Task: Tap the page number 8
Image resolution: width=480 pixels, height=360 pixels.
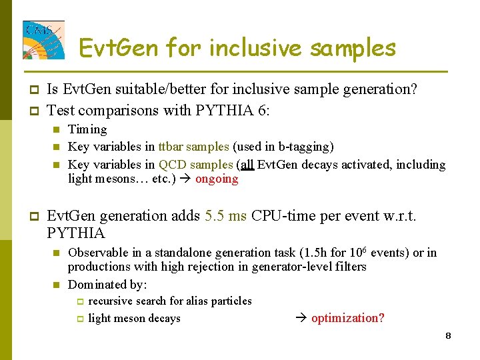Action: pyautogui.click(x=449, y=335)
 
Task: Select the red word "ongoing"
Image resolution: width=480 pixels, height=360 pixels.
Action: pyautogui.click(x=217, y=179)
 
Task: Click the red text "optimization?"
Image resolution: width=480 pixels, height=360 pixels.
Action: pyautogui.click(x=348, y=318)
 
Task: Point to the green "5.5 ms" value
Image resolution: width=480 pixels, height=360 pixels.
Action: pyautogui.click(x=226, y=216)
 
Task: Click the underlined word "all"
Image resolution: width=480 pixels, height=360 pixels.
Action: pyautogui.click(x=247, y=164)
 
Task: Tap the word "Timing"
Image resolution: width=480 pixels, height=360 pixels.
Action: pyautogui.click(x=87, y=129)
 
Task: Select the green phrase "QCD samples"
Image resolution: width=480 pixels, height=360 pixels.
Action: pyautogui.click(x=195, y=164)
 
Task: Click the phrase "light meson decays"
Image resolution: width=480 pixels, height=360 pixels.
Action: pyautogui.click(x=135, y=319)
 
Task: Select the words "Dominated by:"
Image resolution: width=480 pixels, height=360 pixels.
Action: pyautogui.click(x=107, y=285)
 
